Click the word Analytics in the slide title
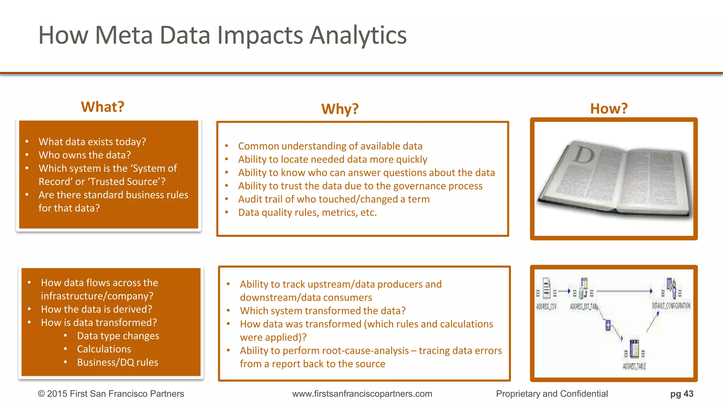pyautogui.click(x=358, y=35)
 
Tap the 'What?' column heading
pyautogui.click(x=102, y=107)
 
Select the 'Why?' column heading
pyautogui.click(x=340, y=109)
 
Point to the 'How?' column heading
pyautogui.click(x=609, y=108)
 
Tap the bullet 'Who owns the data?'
pyautogui.click(x=85, y=155)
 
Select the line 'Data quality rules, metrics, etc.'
pyautogui.click(x=307, y=213)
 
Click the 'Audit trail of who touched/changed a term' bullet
pyautogui.click(x=334, y=199)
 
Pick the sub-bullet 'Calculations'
pyautogui.click(x=104, y=349)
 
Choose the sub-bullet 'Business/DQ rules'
pyautogui.click(x=118, y=362)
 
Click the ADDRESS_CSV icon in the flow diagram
pyautogui.click(x=546, y=288)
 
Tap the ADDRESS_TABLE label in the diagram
pyautogui.click(x=634, y=366)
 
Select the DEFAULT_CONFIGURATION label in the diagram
pyautogui.click(x=671, y=306)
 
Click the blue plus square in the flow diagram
pyautogui.click(x=608, y=325)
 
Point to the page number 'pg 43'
pyautogui.click(x=681, y=394)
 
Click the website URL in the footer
pyautogui.click(x=362, y=394)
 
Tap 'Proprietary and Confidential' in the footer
pyautogui.click(x=551, y=394)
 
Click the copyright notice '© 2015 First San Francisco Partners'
pyautogui.click(x=111, y=394)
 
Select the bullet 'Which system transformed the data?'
pyautogui.click(x=323, y=311)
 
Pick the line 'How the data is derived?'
pyautogui.click(x=96, y=309)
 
